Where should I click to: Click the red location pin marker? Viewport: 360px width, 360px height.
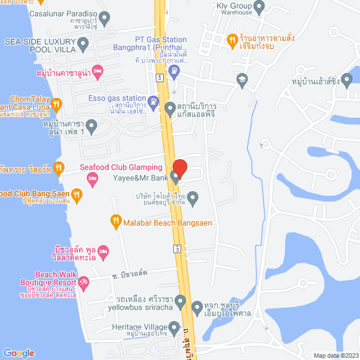(x=179, y=167)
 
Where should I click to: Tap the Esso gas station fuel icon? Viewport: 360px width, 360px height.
(x=153, y=102)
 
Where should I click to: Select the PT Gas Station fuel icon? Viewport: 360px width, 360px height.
(x=175, y=71)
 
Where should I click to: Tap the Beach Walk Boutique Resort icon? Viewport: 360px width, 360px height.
(x=83, y=282)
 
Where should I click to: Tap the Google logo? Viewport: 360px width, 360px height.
(x=18, y=353)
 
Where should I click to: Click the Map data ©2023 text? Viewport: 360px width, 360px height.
(x=335, y=355)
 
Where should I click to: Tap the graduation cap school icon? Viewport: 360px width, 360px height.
(x=242, y=79)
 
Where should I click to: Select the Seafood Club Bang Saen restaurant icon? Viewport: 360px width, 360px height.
(x=77, y=194)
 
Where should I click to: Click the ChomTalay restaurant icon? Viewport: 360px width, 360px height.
(x=57, y=103)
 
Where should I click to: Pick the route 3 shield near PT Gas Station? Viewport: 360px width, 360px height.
(x=160, y=77)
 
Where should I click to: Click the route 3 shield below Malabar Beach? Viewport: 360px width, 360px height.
(x=178, y=249)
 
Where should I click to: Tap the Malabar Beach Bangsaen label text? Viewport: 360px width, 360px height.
(x=168, y=223)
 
